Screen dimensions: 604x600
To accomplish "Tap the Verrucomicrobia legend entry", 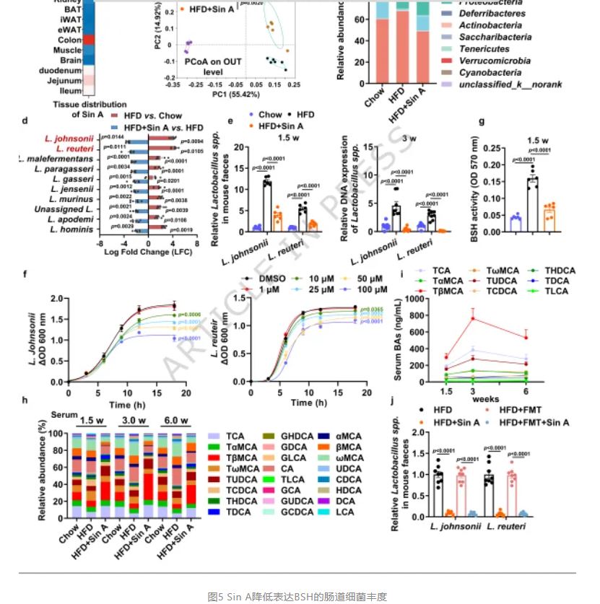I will coord(487,61).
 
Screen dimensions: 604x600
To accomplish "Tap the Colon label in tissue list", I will coord(70,40).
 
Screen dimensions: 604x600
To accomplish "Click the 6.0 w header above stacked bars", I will coord(176,421).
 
